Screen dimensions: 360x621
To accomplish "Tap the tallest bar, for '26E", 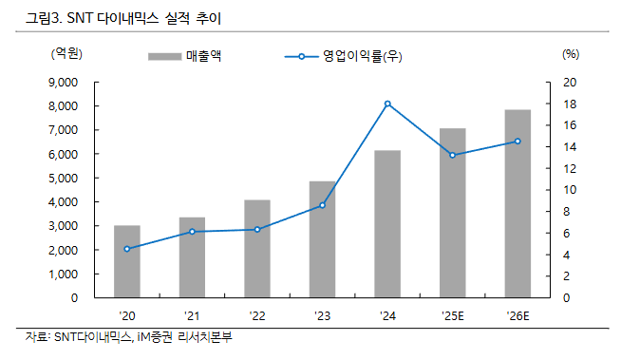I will pos(517,203).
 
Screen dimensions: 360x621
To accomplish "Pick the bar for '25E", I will pos(452,213).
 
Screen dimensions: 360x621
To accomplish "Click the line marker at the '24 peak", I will pos(387,104).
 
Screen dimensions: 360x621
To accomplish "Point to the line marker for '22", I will pos(257,229).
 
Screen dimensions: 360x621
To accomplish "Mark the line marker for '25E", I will pos(452,155).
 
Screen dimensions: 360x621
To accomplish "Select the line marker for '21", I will pos(192,232).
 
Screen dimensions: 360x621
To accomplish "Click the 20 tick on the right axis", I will pos(567,83).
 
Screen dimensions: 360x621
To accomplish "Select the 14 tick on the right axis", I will pos(567,147).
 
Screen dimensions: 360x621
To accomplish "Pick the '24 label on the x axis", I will pos(387,315).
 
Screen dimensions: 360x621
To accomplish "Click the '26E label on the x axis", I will pos(517,315).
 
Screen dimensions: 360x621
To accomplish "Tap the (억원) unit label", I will pos(71,54).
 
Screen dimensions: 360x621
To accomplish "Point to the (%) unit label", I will pos(570,54).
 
